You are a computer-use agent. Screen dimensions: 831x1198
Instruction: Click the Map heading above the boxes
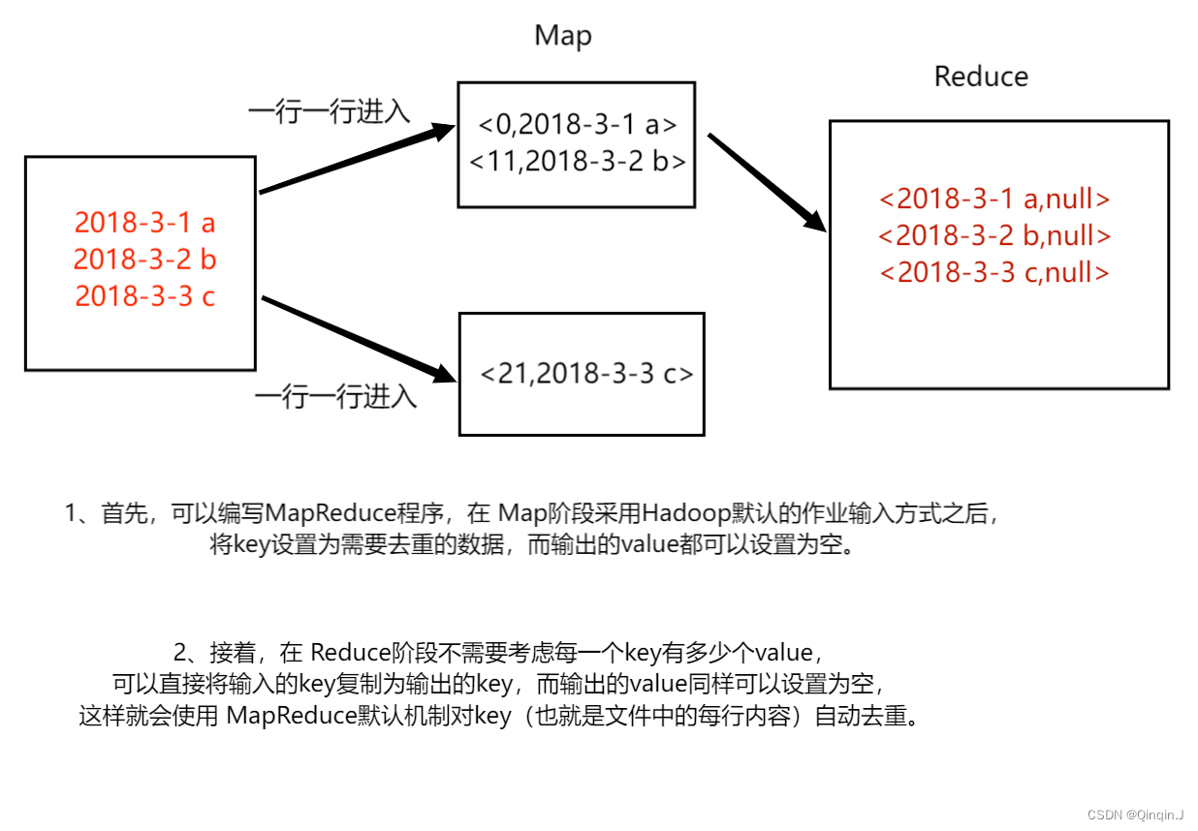click(x=562, y=37)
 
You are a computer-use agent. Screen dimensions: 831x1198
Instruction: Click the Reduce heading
click(x=981, y=77)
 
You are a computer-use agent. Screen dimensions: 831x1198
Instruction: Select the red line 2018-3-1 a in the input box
click(x=144, y=223)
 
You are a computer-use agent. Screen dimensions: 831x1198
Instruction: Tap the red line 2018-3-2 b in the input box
click(x=144, y=260)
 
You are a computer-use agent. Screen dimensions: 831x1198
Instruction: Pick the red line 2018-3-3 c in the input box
click(x=144, y=295)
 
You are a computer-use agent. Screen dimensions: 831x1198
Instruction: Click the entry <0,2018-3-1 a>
click(x=577, y=124)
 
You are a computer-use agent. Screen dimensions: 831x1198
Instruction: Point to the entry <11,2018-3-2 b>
click(x=577, y=161)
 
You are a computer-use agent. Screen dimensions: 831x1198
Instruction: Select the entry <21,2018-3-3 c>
click(x=586, y=374)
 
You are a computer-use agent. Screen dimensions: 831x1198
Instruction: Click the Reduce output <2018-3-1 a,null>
click(x=994, y=199)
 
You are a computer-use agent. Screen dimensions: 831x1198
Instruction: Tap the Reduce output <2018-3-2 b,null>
click(x=994, y=235)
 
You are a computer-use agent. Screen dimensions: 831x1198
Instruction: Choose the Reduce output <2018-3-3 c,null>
click(x=994, y=272)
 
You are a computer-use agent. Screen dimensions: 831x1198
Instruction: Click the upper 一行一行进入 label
click(x=329, y=111)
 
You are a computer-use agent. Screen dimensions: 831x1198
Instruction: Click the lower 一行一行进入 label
click(x=335, y=396)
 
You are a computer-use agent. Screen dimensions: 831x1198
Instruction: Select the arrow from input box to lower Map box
click(x=359, y=338)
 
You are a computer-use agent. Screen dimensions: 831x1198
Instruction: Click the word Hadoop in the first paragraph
click(x=683, y=512)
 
